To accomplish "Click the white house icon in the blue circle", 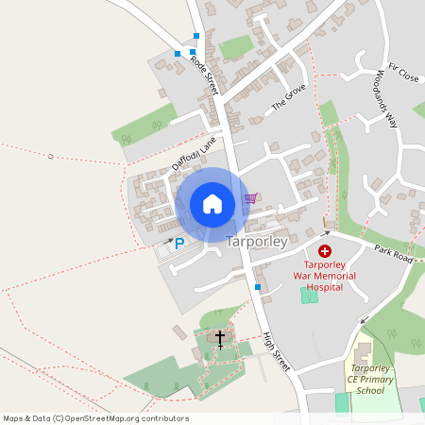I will pyautogui.click(x=212, y=204).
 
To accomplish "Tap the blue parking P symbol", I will pyautogui.click(x=179, y=243).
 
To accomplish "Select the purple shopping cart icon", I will pyautogui.click(x=250, y=198).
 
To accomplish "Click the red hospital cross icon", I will pyautogui.click(x=325, y=250).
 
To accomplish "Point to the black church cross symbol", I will pyautogui.click(x=220, y=337).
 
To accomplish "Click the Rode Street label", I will pyautogui.click(x=204, y=73).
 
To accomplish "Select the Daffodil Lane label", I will pyautogui.click(x=195, y=153).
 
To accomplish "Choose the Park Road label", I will pyautogui.click(x=394, y=252).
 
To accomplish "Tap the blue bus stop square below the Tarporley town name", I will pyautogui.click(x=257, y=286).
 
